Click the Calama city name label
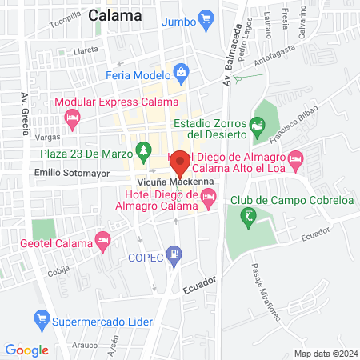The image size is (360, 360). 115,15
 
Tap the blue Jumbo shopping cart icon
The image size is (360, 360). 205,18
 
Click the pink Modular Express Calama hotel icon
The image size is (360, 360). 73,118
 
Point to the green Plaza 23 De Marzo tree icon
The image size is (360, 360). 143,150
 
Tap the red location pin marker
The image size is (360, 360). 180,164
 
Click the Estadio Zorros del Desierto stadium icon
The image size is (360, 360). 257,126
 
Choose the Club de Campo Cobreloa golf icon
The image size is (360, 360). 250,214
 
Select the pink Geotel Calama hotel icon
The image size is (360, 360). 102,239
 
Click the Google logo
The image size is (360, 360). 26,350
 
